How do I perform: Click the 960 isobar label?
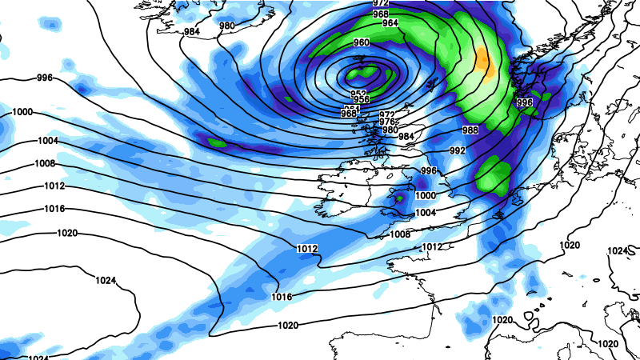[x=362, y=42]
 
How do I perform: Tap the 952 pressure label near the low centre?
[x=358, y=94]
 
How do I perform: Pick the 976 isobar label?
[x=388, y=121]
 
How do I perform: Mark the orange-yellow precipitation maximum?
[x=482, y=60]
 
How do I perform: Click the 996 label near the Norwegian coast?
[x=525, y=102]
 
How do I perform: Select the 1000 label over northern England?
[x=425, y=195]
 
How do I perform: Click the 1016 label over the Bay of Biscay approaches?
[x=281, y=297]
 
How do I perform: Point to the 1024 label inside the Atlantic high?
[x=106, y=281]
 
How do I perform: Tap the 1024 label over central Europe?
[x=618, y=251]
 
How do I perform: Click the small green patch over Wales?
[x=399, y=194]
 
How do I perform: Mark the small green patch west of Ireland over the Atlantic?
[x=218, y=143]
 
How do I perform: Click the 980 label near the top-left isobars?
[x=227, y=26]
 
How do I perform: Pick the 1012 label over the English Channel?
[x=432, y=246]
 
